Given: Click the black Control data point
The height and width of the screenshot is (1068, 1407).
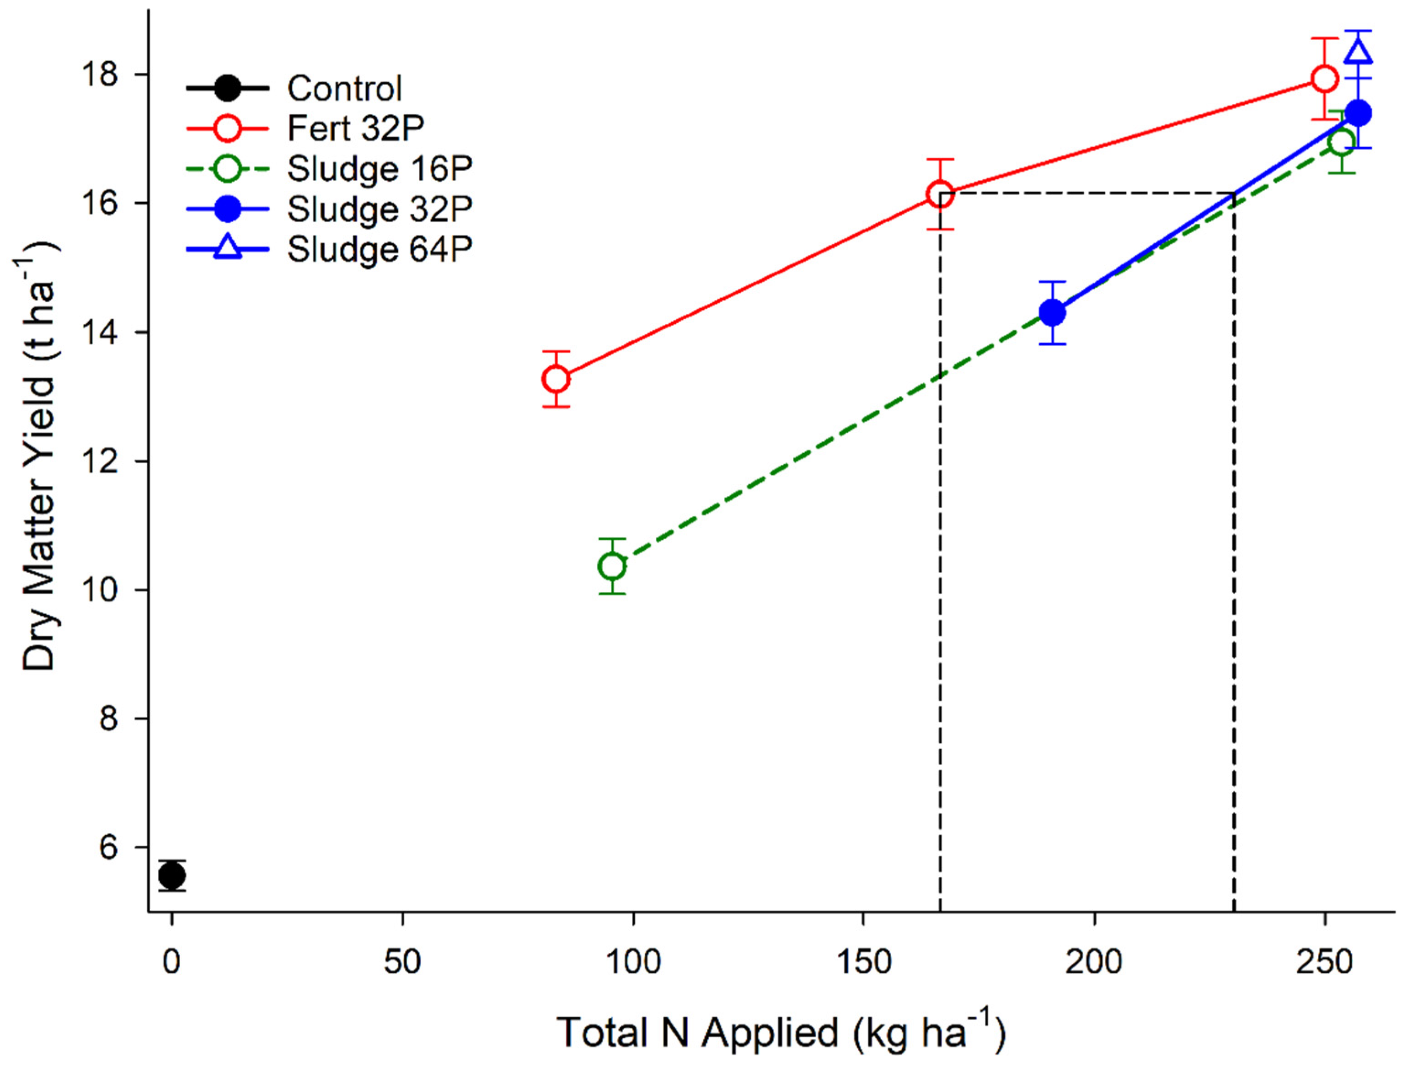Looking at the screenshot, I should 172,876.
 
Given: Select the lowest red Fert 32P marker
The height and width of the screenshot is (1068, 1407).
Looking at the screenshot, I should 556,379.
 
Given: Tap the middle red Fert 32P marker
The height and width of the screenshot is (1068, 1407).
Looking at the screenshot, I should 940,195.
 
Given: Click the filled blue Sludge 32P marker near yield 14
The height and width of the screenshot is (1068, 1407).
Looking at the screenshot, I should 1053,312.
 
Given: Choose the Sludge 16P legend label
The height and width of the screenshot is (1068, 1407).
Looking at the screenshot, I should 379,169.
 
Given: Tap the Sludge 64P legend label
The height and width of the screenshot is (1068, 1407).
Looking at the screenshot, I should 379,249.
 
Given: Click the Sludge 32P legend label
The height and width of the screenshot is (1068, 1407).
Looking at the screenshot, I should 379,209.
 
